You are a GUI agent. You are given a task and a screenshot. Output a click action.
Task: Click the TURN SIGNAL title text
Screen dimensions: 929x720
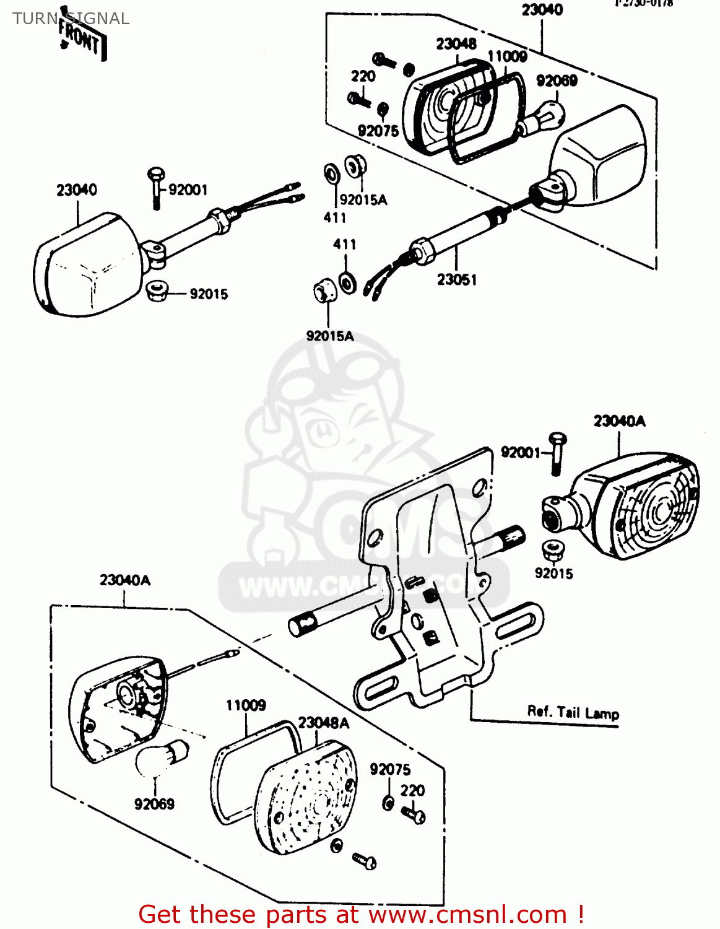pyautogui.click(x=71, y=19)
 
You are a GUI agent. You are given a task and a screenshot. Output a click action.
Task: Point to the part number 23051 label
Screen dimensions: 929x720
pyautogui.click(x=457, y=280)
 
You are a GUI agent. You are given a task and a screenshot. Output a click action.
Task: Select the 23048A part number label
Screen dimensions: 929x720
pyautogui.click(x=323, y=723)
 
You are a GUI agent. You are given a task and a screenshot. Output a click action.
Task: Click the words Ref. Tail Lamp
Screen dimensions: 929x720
pyautogui.click(x=573, y=712)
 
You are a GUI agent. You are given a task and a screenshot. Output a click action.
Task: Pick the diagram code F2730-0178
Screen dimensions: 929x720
pyautogui.click(x=644, y=4)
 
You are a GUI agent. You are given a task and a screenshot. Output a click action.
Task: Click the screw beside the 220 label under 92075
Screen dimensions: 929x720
pyautogui.click(x=414, y=814)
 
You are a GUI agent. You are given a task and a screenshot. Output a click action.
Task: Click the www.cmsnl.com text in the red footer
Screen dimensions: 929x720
pyautogui.click(x=467, y=915)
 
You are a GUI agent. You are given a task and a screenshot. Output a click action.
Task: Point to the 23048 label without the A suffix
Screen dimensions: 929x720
pyautogui.click(x=456, y=44)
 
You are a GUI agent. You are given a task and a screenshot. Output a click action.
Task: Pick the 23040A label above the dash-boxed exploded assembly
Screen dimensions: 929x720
pyautogui.click(x=125, y=580)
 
